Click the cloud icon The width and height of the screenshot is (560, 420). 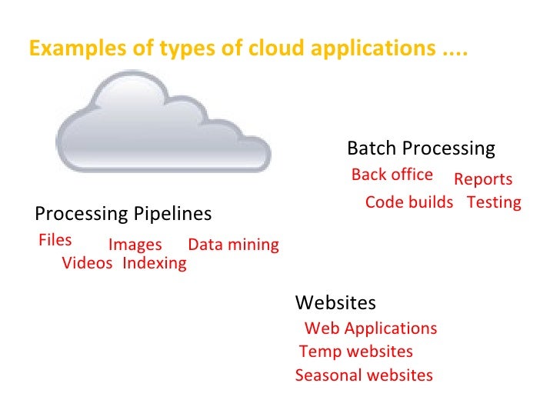pyautogui.click(x=163, y=123)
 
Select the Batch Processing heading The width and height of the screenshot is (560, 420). pyautogui.click(x=421, y=148)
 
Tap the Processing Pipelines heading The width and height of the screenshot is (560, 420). pyautogui.click(x=123, y=212)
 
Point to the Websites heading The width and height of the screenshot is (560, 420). pyautogui.click(x=335, y=302)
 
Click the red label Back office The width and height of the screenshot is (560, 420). pyautogui.click(x=392, y=175)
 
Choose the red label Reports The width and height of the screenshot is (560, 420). pyautogui.click(x=482, y=179)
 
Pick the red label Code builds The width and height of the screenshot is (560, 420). pyautogui.click(x=408, y=202)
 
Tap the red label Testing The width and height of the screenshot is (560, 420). pyautogui.click(x=494, y=202)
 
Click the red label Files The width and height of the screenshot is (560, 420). pyautogui.click(x=55, y=240)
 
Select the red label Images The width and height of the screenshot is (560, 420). pyautogui.click(x=135, y=245)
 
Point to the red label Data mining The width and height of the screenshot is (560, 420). pyautogui.click(x=233, y=245)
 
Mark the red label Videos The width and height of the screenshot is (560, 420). pyautogui.click(x=87, y=263)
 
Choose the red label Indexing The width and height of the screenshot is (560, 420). pyautogui.click(x=154, y=263)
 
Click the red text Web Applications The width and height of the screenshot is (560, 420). pyautogui.click(x=371, y=328)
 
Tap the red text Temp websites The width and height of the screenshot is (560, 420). pyautogui.click(x=355, y=352)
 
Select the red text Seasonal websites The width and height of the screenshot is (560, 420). pyautogui.click(x=364, y=375)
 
